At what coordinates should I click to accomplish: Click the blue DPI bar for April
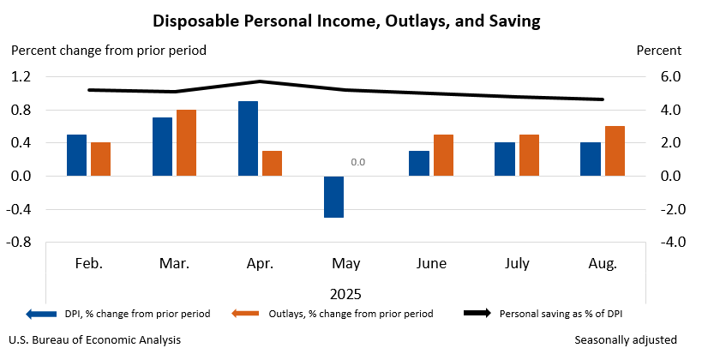pyautogui.click(x=248, y=139)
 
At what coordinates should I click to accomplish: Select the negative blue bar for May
pyautogui.click(x=333, y=196)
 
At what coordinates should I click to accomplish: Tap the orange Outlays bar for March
pyautogui.click(x=186, y=143)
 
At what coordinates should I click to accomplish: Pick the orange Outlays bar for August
pyautogui.click(x=615, y=151)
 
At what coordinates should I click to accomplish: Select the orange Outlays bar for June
pyautogui.click(x=443, y=155)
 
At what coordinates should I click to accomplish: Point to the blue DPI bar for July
pyautogui.click(x=505, y=159)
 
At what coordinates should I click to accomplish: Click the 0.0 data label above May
pyautogui.click(x=357, y=162)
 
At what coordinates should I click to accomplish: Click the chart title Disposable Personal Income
pyautogui.click(x=351, y=19)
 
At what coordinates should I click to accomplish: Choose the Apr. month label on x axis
pyautogui.click(x=260, y=264)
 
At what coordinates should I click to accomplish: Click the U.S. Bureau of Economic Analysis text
pyautogui.click(x=95, y=340)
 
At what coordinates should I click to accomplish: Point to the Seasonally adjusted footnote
pyautogui.click(x=626, y=340)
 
